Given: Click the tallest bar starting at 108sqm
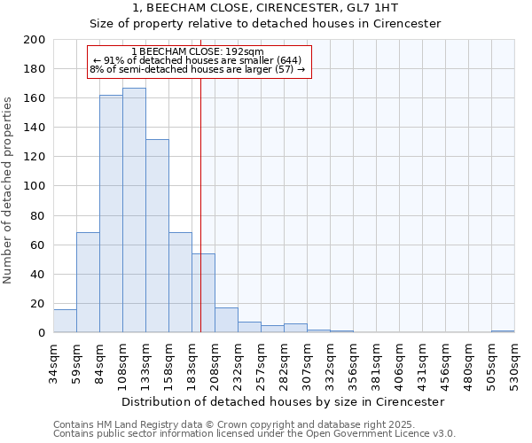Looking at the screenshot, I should click(x=134, y=210).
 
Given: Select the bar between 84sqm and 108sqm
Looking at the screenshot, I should click(x=111, y=214).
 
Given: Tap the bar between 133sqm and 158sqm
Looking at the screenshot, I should click(x=157, y=236).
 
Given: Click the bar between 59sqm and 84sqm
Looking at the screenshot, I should click(x=88, y=283).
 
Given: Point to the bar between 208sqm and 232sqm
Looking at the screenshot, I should click(x=226, y=321).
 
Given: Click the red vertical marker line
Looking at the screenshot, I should click(x=201, y=204).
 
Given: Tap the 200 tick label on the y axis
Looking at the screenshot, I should click(x=35, y=40).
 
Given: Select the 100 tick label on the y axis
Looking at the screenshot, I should click(x=35, y=186).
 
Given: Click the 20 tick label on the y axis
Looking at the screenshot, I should click(x=38, y=304).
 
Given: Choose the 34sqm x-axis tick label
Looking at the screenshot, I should click(x=54, y=361).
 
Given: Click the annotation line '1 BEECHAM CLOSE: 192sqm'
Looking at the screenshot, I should click(x=197, y=51).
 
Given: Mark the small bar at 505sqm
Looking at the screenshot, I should click(x=503, y=331).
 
